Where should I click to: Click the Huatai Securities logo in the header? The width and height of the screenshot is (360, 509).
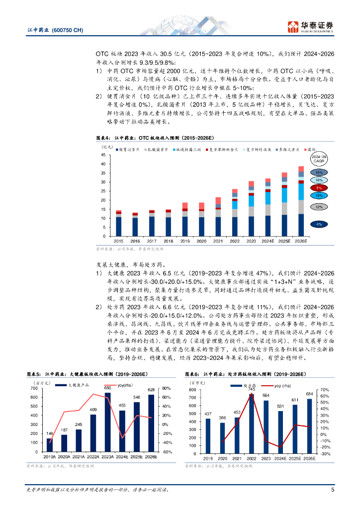click(x=312, y=26)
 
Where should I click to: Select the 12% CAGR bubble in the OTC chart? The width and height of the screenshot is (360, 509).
click(x=319, y=206)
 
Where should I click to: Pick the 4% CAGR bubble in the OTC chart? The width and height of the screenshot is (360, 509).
click(x=319, y=225)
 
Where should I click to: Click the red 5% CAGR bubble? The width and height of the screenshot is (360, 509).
click(x=319, y=188)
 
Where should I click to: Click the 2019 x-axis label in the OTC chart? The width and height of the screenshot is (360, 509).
click(x=185, y=241)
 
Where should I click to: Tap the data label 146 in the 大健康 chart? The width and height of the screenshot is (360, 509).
click(x=50, y=434)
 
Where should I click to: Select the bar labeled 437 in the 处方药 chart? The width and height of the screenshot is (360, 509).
click(x=208, y=435)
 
